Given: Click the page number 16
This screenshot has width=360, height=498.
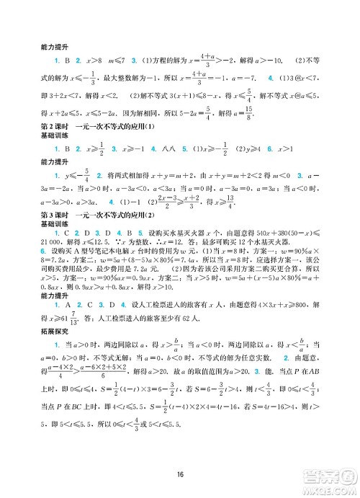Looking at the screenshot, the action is coord(181,473).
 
